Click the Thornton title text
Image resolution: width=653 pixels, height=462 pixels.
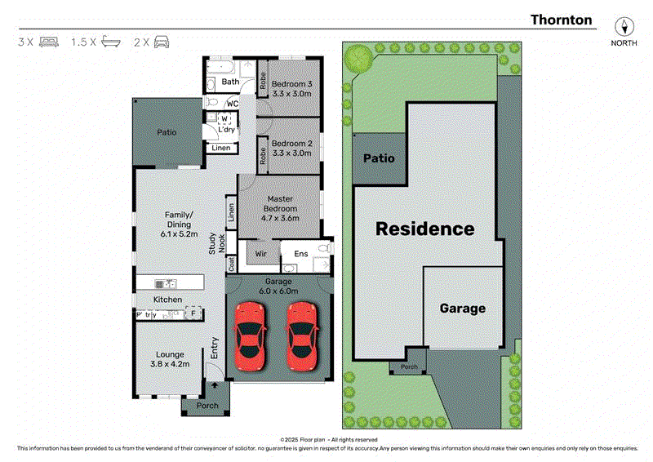562,20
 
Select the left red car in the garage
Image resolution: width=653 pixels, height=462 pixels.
250,335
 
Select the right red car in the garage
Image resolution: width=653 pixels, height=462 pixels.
302,335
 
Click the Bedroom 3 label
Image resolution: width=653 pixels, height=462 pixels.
291,89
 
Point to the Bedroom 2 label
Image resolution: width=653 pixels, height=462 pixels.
291,148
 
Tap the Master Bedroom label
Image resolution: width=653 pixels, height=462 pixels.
280,208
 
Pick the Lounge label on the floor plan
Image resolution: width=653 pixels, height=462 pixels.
167,359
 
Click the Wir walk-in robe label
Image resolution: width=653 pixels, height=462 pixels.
261,254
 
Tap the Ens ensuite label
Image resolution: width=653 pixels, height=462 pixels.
300,254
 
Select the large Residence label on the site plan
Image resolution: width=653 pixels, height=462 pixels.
424,229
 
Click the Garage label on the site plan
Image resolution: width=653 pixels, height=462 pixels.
463,309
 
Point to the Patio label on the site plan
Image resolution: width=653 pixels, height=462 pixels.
378,158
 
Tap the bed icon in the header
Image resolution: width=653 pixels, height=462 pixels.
49,41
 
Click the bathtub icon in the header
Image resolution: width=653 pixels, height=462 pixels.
109,41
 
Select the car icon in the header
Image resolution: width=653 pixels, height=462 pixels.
160,41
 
